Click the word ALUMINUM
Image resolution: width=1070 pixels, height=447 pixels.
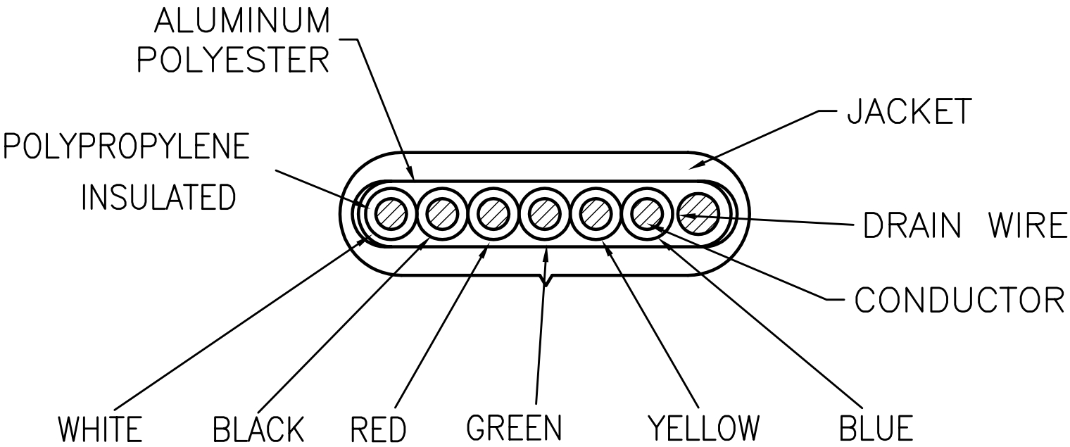pos(241,22)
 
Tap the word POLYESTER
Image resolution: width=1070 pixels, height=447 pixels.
pos(233,61)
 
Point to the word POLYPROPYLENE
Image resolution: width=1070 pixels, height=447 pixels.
pos(127,147)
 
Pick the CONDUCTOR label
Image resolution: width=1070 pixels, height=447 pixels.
pos(959,300)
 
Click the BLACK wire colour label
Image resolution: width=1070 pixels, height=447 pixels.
pos(258,429)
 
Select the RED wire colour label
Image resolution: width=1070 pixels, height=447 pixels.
pos(378,429)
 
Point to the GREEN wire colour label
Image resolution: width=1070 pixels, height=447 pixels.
pos(515,427)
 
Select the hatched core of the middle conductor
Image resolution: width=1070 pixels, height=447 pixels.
pos(544,213)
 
